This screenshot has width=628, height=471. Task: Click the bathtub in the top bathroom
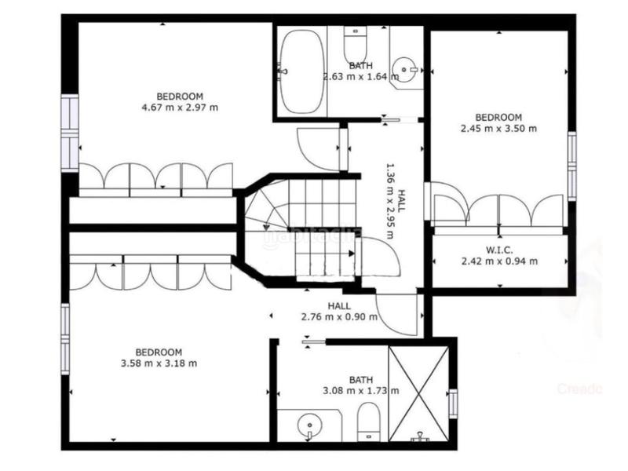[302, 71]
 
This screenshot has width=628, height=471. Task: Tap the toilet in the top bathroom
[355, 45]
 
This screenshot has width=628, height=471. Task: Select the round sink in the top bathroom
[407, 70]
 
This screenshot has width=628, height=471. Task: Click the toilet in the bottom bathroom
[368, 420]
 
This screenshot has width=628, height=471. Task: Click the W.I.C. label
[498, 250]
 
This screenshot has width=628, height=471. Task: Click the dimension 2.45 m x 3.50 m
[498, 128]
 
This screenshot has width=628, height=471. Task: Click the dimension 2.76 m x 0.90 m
[339, 317]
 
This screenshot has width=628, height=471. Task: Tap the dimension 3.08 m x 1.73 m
[360, 390]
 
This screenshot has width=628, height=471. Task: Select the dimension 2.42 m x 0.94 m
[499, 261]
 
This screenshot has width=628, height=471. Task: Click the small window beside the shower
[453, 402]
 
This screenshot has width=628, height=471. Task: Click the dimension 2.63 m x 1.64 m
[360, 77]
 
